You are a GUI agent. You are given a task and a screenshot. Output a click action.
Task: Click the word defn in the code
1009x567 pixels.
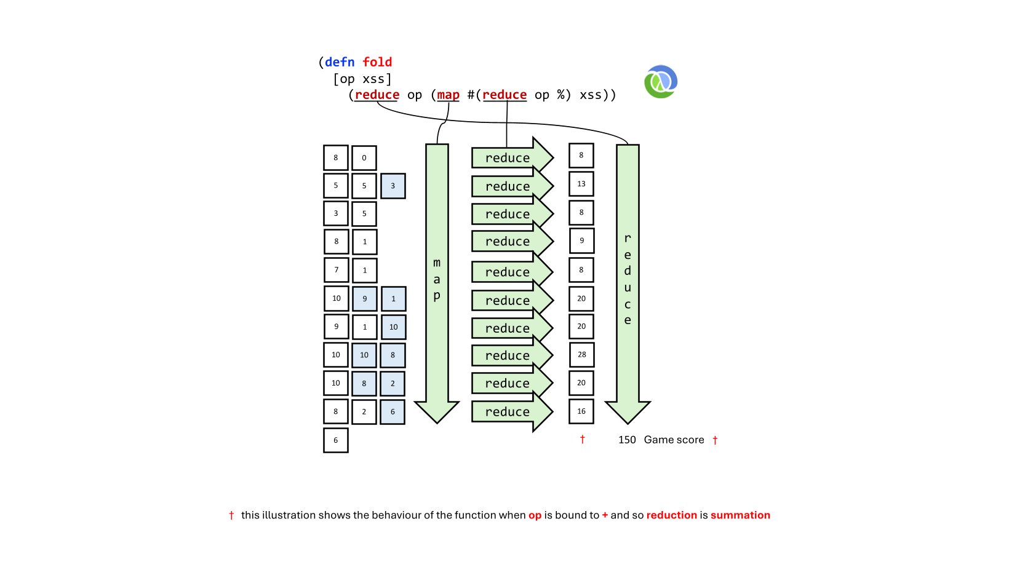coord(340,62)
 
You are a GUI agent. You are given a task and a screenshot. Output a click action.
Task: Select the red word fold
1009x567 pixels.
coord(378,62)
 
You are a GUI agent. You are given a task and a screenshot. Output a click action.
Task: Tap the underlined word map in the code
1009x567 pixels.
coord(448,95)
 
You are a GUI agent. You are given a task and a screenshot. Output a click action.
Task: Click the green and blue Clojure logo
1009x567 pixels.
coord(661,82)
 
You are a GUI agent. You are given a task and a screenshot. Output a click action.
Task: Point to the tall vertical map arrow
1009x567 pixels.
coord(437,283)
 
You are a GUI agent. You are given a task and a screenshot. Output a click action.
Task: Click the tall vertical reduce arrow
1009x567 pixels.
coord(628,283)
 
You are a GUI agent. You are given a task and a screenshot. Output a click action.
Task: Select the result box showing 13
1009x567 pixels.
coord(581,184)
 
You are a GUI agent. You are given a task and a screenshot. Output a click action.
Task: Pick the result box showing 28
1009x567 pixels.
coord(581,355)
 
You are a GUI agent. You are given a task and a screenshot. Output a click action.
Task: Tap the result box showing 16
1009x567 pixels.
coord(581,411)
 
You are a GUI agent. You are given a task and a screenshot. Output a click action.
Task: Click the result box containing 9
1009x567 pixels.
coord(581,240)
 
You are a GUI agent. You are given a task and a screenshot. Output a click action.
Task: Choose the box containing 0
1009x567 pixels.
coord(364,158)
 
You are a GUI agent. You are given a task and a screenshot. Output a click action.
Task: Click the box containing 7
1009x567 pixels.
coord(336,270)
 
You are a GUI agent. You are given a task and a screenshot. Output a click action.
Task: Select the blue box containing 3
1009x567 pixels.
coord(393,186)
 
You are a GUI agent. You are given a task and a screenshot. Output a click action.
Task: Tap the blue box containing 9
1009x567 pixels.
coord(364,299)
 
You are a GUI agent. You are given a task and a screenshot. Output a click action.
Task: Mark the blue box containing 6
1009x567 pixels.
coord(393,411)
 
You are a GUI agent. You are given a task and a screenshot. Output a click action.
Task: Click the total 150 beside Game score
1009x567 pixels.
coord(627,440)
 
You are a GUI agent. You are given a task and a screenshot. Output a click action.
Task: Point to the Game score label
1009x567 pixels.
coord(674,440)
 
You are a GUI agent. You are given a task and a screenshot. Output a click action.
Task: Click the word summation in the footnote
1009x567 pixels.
coord(740,515)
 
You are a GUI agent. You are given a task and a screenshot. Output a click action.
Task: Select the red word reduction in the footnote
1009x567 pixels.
coord(672,515)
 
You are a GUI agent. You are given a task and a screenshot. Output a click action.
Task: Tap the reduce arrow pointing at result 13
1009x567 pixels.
coord(512,186)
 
